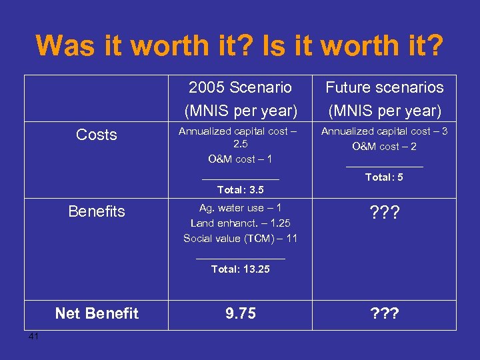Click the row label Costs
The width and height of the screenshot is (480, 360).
pyautogui.click(x=97, y=135)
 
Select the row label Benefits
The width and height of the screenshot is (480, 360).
pyautogui.click(x=97, y=211)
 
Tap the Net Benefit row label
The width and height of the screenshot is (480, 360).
pyautogui.click(x=97, y=313)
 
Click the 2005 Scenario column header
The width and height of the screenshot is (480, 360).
pyautogui.click(x=240, y=87)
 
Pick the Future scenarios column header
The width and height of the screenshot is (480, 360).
pyautogui.click(x=384, y=87)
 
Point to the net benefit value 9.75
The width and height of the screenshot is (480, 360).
pyautogui.click(x=240, y=313)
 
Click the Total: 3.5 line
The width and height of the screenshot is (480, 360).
pyautogui.click(x=240, y=190)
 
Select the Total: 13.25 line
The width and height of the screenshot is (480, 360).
pyautogui.click(x=240, y=269)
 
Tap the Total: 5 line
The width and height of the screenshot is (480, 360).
pyautogui.click(x=384, y=177)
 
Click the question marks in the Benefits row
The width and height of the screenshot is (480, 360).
pyautogui.click(x=384, y=211)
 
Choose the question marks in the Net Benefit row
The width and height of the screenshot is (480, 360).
pyautogui.click(x=384, y=313)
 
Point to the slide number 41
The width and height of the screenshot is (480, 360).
pyautogui.click(x=34, y=336)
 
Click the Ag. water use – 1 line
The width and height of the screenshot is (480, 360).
pyautogui.click(x=240, y=208)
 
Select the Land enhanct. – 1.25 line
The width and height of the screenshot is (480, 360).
pyautogui.click(x=240, y=223)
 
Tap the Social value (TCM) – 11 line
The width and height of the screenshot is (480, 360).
pyautogui.click(x=240, y=238)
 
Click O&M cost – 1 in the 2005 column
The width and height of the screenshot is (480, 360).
pyautogui.click(x=240, y=159)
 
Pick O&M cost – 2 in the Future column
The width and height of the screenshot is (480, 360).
pyautogui.click(x=384, y=147)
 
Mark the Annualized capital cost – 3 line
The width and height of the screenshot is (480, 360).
pyautogui.click(x=384, y=131)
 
